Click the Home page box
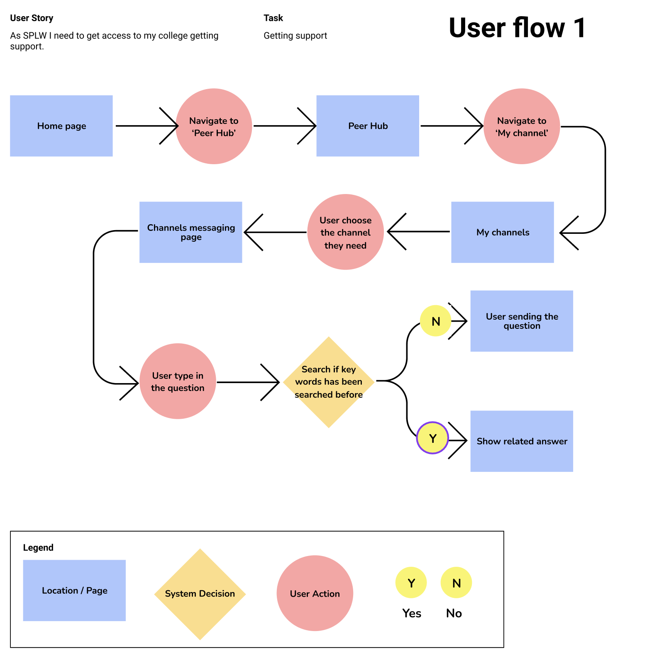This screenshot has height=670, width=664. coord(61,126)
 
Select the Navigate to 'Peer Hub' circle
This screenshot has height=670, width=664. coord(214,126)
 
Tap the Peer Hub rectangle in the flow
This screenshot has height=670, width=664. coord(368,126)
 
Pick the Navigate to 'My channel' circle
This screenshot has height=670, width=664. coord(522,126)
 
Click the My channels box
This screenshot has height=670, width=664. coord(503,232)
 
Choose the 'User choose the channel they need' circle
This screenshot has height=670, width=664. coord(345,232)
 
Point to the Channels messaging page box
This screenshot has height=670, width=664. coord(191,232)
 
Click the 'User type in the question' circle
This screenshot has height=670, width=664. coord(178,381)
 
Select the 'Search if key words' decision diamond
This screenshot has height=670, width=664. coord(329,382)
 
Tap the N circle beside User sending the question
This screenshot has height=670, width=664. coord(435,321)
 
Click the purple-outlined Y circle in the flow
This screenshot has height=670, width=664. coord(432,438)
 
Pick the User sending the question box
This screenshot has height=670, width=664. coord(522,321)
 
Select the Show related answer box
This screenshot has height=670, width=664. coord(522,441)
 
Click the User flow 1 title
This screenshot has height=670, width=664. coord(517,28)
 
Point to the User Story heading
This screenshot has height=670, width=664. coord(32,18)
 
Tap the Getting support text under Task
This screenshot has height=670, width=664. coord(295,36)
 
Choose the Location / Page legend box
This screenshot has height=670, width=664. coord(74,590)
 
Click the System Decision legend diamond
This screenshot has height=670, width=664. coord(200,594)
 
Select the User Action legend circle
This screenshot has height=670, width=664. coord(315,593)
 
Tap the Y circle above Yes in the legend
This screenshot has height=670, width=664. coord(411,583)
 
